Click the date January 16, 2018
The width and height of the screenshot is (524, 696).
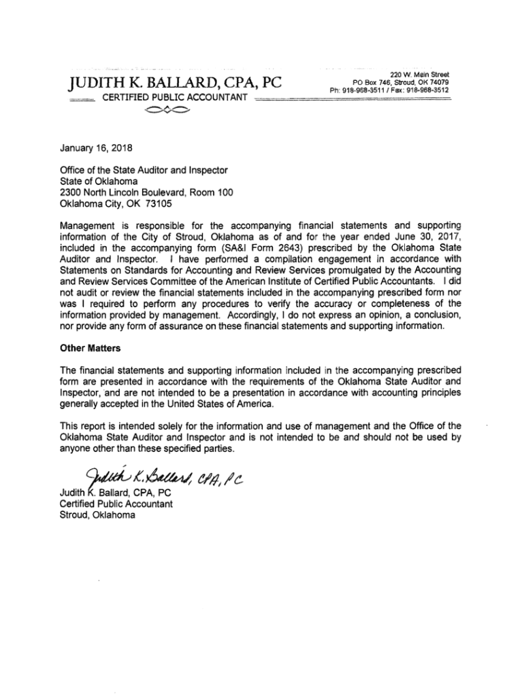pos(96,147)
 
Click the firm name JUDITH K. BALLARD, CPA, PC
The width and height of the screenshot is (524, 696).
pos(176,84)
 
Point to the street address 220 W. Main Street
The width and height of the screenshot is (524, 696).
pos(419,74)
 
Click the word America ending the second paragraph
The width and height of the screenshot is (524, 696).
pos(255,404)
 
